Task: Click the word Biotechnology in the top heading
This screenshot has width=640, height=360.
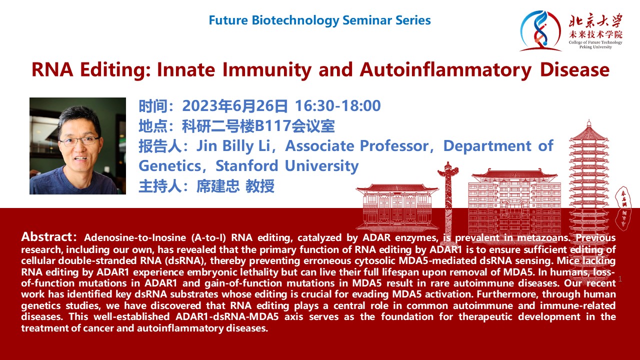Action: tap(295, 20)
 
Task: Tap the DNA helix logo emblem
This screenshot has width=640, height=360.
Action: tap(540, 31)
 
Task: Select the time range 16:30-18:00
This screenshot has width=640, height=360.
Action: tap(337, 105)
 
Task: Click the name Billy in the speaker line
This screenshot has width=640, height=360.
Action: tap(237, 146)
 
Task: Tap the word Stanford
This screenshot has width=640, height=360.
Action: tap(247, 165)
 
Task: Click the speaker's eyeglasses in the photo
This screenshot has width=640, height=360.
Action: tap(79, 141)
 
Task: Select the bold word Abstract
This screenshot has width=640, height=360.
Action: tap(47, 237)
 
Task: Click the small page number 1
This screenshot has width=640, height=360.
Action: tap(620, 279)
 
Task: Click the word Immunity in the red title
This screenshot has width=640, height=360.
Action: tap(267, 70)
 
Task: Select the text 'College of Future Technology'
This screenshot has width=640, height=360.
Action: tap(595, 42)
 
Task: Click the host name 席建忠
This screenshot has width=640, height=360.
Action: tap(217, 186)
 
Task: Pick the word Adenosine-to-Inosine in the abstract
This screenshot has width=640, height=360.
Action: tap(135, 237)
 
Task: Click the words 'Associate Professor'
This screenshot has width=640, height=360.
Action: tap(357, 146)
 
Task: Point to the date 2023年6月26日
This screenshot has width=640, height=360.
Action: tap(235, 105)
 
